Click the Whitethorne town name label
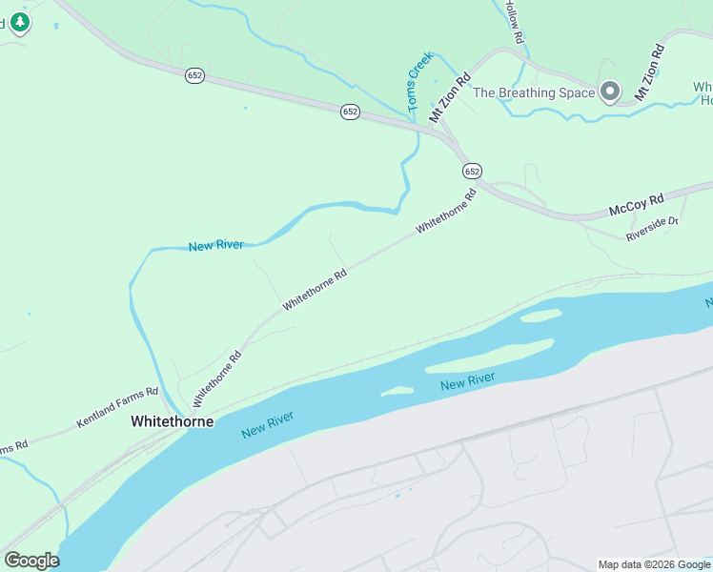tap(172, 420)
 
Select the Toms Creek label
tap(420, 83)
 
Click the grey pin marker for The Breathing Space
tap(610, 92)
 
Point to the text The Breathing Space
tap(534, 92)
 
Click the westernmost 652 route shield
tap(194, 75)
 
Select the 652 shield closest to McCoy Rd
tap(473, 171)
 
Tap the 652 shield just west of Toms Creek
tap(350, 112)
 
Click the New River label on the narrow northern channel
tap(216, 245)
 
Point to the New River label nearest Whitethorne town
tap(268, 424)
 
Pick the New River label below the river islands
tap(468, 381)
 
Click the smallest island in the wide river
tap(397, 391)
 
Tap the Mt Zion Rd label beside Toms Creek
tap(450, 97)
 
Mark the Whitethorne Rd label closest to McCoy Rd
tap(445, 212)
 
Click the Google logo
tap(31, 560)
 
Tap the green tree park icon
tap(19, 21)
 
